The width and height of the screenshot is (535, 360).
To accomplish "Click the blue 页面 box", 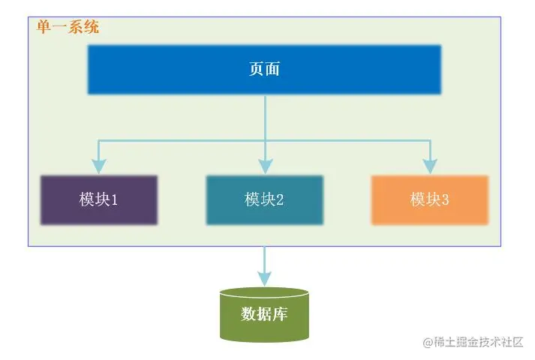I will point(264,70).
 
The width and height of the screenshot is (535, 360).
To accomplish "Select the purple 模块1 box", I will point(99,200).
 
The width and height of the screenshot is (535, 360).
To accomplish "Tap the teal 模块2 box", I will point(264,200).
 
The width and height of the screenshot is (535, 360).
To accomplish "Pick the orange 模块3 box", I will point(430,200).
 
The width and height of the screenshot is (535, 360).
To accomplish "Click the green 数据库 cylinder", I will point(264,315).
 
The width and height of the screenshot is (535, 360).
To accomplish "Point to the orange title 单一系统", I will point(68,28).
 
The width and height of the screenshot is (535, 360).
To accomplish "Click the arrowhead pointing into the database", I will point(264,277).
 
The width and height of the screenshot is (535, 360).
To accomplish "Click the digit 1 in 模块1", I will point(115,200).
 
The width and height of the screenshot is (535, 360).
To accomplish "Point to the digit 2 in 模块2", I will point(279,200).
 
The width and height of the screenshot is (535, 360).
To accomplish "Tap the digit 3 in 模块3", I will point(445,200).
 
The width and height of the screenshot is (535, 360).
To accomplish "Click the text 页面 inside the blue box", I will point(264,70).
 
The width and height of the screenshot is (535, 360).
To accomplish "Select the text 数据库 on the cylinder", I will point(264,313).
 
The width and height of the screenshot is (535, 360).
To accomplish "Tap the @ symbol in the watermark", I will point(428,343).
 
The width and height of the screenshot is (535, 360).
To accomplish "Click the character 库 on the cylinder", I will point(280,313).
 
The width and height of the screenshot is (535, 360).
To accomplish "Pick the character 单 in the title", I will point(44,28).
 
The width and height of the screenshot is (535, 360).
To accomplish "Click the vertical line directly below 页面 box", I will point(264,116).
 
